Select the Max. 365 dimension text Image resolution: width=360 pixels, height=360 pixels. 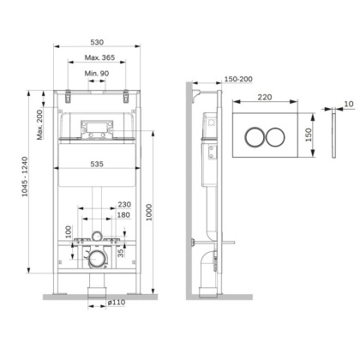point(96,57)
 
